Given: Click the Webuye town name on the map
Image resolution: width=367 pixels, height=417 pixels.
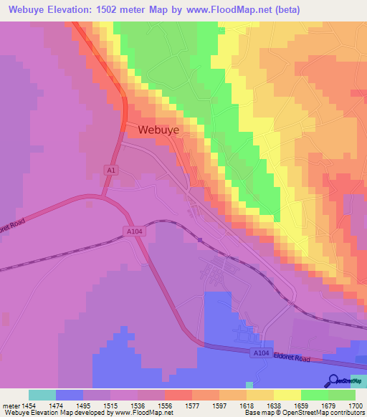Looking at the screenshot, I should pyautogui.click(x=158, y=130).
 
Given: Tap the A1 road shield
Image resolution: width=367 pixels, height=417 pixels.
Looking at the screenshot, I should pyautogui.click(x=110, y=170).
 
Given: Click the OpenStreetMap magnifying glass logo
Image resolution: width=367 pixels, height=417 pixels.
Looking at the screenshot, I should pyautogui.click(x=334, y=381).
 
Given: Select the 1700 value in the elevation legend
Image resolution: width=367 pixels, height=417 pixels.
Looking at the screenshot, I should pyautogui.click(x=355, y=406).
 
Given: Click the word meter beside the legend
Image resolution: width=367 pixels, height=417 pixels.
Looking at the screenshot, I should pyautogui.click(x=10, y=406).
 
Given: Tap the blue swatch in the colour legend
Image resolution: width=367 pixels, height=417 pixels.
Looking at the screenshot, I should pyautogui.click(x=70, y=395).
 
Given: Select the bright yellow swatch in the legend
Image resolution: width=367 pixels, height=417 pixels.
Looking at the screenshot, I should pyautogui.click(x=287, y=395).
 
